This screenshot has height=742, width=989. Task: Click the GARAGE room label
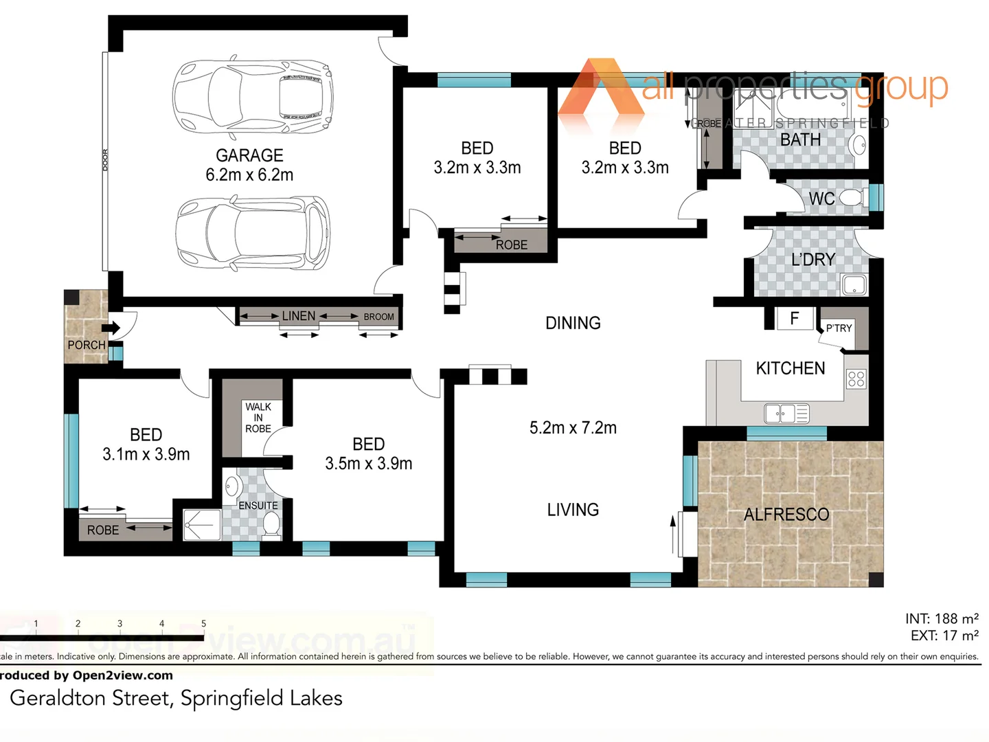pos(249,155)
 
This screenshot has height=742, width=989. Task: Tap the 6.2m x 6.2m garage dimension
pos(249,175)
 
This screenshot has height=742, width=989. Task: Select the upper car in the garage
pos(252,95)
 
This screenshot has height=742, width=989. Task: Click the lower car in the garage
pos(252,234)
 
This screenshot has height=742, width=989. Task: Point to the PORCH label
pos(87,345)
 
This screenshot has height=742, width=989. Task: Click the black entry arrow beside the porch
pos(111,328)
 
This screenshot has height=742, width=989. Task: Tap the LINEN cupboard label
pos(299,316)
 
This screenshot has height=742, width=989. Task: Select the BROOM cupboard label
pos(378,317)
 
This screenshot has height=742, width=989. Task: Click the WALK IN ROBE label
pos(258,418)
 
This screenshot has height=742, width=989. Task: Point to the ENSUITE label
pos(258,506)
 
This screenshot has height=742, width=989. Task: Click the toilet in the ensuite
pos(272,526)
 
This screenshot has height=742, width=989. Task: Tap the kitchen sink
pos(787,414)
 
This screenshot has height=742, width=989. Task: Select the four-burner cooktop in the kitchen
pos(856,379)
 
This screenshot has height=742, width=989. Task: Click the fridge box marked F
pos(795,319)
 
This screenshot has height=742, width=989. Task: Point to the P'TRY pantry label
pos(839,328)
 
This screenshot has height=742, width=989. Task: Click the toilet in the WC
pos(852,199)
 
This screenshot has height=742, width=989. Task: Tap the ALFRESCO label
pos(786,515)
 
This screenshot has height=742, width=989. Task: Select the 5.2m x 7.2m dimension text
pos(573,428)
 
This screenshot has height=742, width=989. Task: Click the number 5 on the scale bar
pos(203,624)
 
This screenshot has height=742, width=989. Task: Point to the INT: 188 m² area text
pos(942,618)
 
